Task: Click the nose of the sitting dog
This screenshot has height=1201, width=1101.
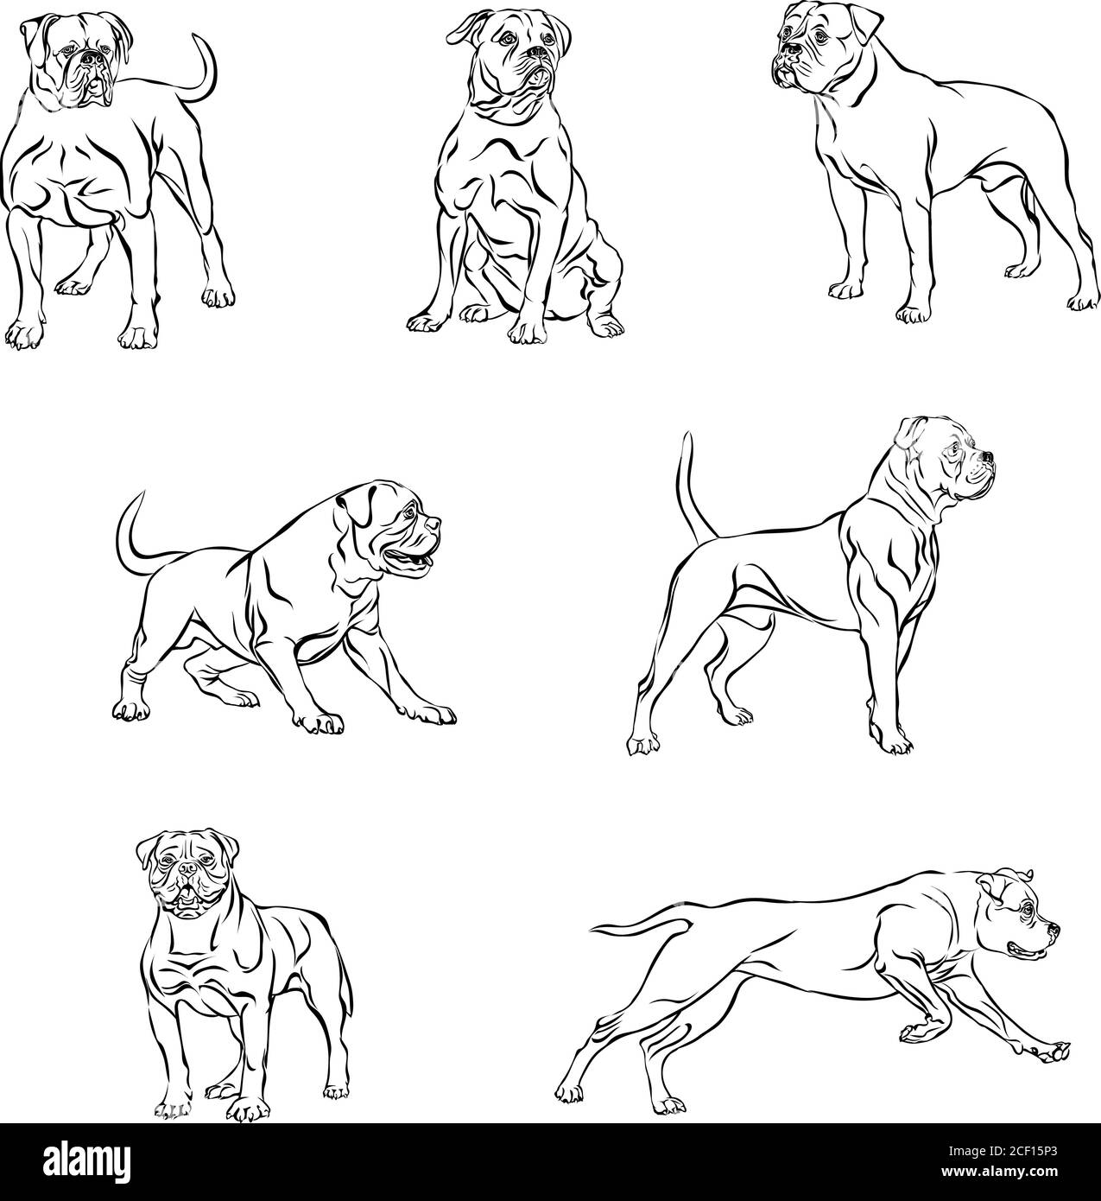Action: click(537, 53)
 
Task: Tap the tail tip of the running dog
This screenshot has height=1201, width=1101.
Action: click(592, 930)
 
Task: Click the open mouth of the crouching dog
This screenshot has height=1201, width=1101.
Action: click(408, 559)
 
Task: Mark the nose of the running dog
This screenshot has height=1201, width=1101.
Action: click(1054, 931)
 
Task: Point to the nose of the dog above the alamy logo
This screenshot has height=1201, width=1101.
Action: click(188, 868)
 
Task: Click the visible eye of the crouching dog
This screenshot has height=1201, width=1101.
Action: click(409, 512)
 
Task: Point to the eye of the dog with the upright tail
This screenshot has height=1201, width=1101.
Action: click(954, 447)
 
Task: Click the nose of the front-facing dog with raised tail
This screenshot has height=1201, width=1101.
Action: click(92, 58)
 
